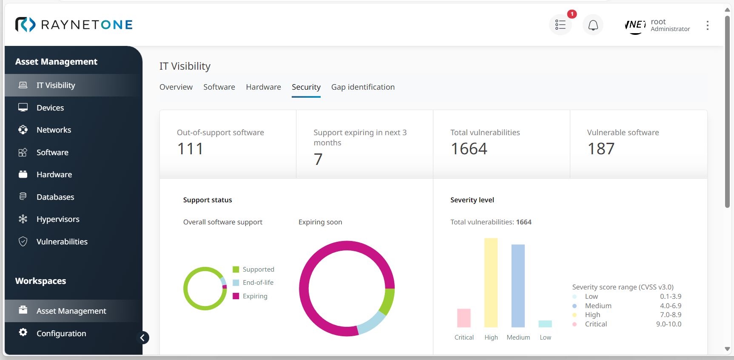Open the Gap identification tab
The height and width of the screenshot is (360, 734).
(x=363, y=87)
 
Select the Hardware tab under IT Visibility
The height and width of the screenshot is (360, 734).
(x=263, y=87)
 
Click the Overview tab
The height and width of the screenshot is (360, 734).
(x=176, y=87)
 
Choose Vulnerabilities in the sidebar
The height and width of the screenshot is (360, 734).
(x=62, y=242)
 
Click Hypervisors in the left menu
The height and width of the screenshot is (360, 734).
(x=58, y=219)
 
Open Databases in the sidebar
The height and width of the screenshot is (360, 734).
(x=55, y=197)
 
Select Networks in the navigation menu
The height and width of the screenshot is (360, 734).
(x=54, y=130)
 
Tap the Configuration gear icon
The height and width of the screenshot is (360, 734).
(x=23, y=332)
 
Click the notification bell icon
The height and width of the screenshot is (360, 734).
(x=593, y=26)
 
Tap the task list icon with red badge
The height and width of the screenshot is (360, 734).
(x=560, y=26)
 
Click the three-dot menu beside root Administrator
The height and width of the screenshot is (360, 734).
(x=708, y=26)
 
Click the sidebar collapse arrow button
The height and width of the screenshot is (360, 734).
(x=143, y=338)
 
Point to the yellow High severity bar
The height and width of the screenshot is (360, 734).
(x=491, y=283)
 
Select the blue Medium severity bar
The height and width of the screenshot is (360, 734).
(x=518, y=286)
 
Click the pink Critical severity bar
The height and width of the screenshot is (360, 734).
(x=464, y=318)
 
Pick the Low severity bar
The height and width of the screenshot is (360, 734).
(x=545, y=324)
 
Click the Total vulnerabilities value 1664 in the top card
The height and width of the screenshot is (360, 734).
(x=469, y=149)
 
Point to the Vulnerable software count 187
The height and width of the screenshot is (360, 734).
(x=601, y=149)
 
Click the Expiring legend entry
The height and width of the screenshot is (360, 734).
(x=255, y=296)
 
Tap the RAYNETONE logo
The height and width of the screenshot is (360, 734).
(x=74, y=25)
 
